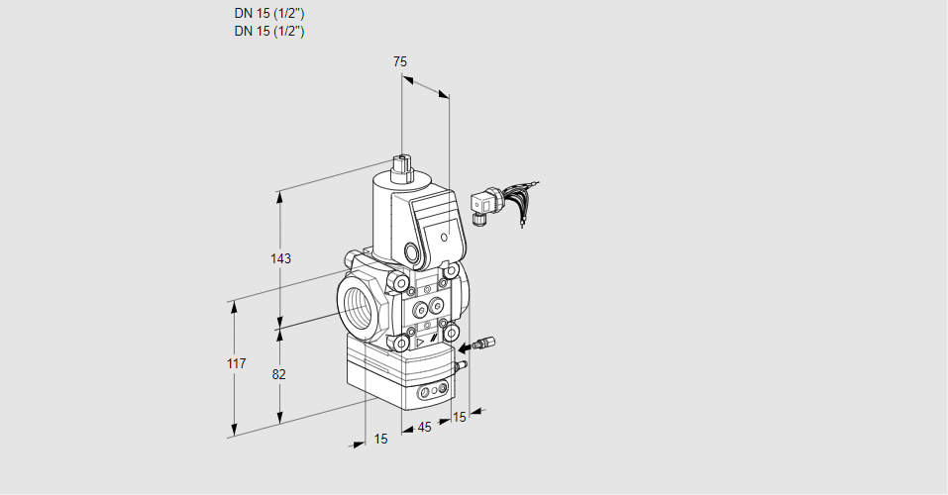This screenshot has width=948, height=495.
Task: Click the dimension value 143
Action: (x=281, y=258)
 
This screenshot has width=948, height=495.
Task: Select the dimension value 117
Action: (x=235, y=365)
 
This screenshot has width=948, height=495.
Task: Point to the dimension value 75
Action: (x=399, y=61)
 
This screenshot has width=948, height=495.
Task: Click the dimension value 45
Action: (x=424, y=427)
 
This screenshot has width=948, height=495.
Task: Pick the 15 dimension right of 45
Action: (x=458, y=417)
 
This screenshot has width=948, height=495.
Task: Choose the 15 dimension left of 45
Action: (x=380, y=440)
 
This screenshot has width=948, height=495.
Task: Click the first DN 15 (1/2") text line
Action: (x=268, y=14)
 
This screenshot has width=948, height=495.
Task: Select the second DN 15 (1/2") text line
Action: (x=268, y=31)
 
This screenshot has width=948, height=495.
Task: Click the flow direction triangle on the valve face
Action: (x=419, y=341)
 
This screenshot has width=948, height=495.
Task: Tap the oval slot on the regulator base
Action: (x=429, y=393)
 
